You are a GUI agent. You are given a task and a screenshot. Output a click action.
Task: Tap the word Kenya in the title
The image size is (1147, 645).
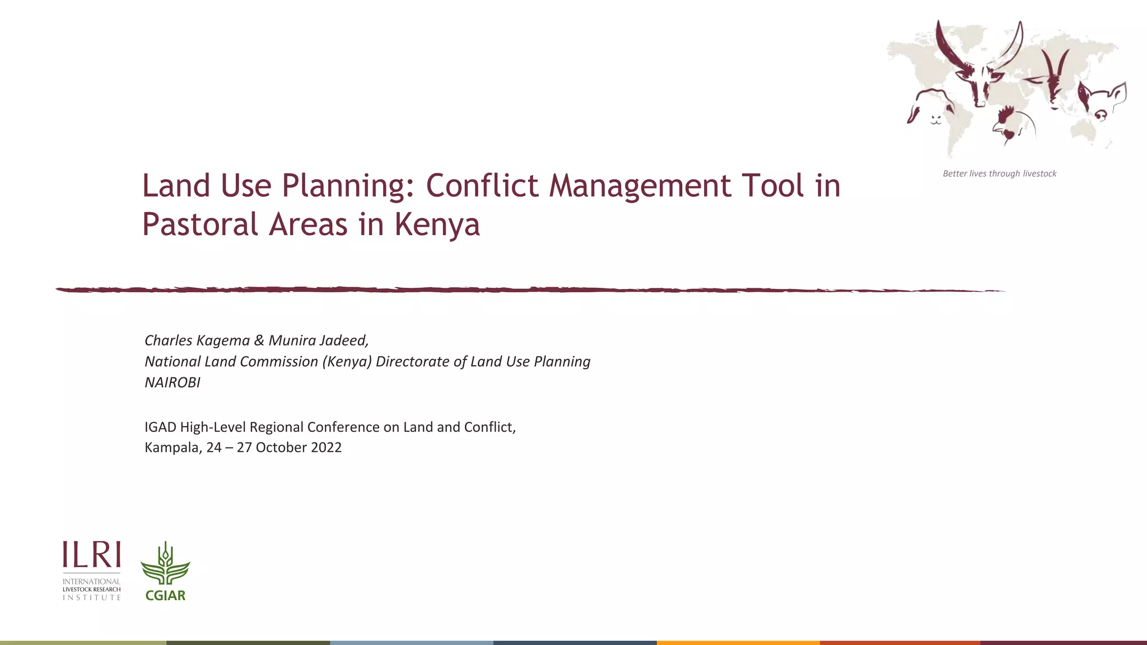(x=437, y=225)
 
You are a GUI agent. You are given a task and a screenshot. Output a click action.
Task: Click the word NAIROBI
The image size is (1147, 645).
(x=172, y=382)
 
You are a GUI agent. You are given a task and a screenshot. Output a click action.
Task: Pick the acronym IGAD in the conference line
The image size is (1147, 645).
(x=160, y=427)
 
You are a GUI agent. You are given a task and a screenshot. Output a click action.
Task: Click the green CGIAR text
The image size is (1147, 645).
(x=165, y=596)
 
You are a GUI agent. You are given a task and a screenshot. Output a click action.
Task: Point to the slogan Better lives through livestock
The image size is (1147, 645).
(x=999, y=174)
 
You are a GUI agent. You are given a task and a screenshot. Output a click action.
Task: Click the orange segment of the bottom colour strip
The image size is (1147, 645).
(x=738, y=642)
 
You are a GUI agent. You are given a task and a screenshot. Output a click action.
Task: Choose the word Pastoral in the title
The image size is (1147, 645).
(x=200, y=225)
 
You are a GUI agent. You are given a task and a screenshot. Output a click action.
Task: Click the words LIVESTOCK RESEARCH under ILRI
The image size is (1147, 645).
(x=92, y=590)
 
